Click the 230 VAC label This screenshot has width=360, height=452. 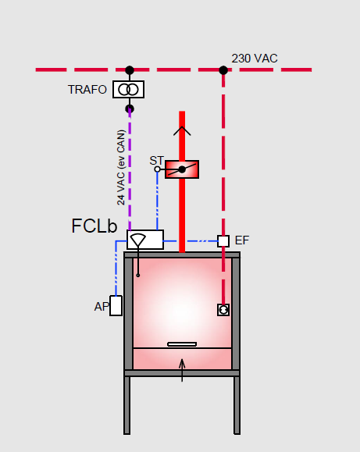click(x=255, y=59)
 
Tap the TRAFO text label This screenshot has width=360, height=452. click(x=87, y=89)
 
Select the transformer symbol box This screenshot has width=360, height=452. click(x=128, y=89)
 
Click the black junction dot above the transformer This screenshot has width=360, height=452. click(x=130, y=70)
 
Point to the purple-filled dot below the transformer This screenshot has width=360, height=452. click(x=130, y=109)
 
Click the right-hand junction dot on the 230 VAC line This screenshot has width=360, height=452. click(x=223, y=70)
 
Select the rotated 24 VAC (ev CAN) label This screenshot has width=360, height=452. click(x=121, y=168)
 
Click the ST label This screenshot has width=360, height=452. click(x=157, y=161)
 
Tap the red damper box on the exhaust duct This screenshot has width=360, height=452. click(x=182, y=169)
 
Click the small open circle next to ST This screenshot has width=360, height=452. click(x=157, y=169)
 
